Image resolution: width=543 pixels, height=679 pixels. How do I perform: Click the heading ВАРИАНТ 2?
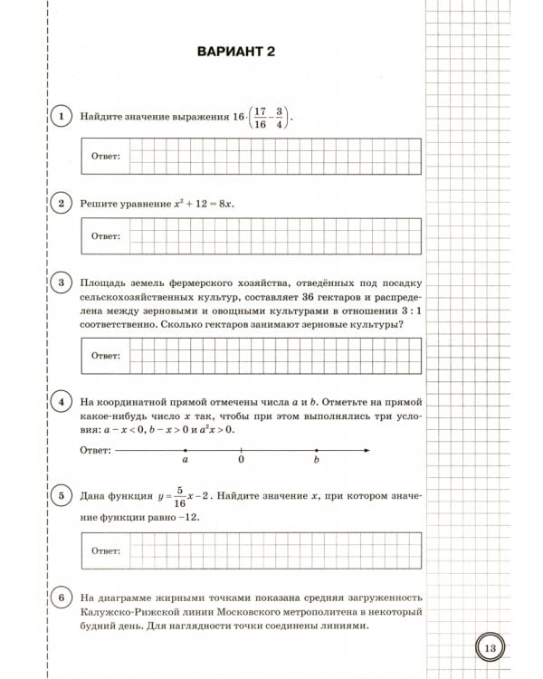tap(235, 52)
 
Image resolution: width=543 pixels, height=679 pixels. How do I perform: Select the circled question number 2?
tap(61, 204)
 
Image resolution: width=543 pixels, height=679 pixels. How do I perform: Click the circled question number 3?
tap(61, 284)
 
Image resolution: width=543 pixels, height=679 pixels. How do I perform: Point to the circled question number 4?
tap(61, 402)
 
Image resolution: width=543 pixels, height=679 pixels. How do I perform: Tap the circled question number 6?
tap(61, 598)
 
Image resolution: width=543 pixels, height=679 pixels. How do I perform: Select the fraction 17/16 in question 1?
tap(260, 118)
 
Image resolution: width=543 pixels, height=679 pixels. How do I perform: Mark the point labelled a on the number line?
tap(185, 450)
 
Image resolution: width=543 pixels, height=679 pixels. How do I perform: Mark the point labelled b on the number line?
tap(316, 450)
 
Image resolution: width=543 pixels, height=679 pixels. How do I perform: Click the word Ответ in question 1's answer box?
tap(106, 156)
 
